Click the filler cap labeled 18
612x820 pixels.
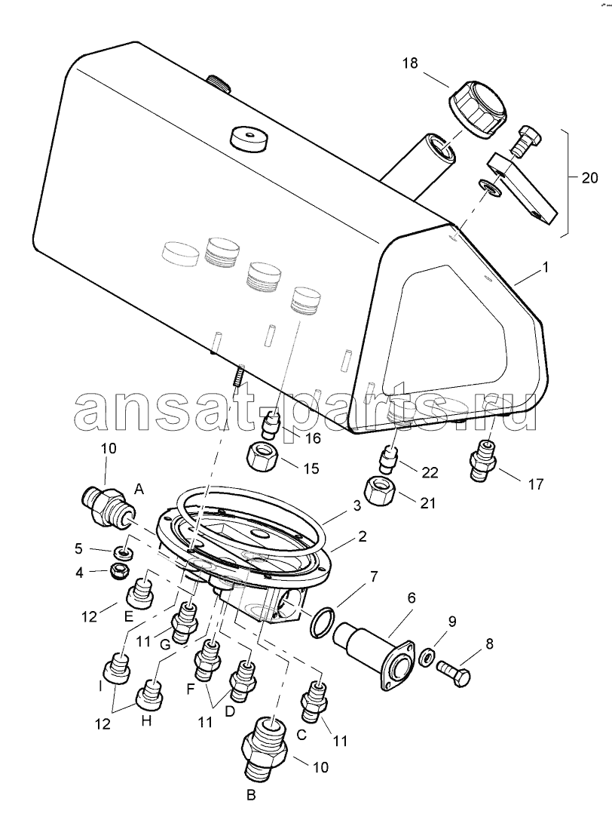click(478, 109)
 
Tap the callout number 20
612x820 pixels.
click(589, 178)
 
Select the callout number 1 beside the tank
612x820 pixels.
click(545, 268)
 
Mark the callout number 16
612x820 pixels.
click(313, 438)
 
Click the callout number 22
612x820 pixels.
click(430, 472)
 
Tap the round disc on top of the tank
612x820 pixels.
click(248, 137)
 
